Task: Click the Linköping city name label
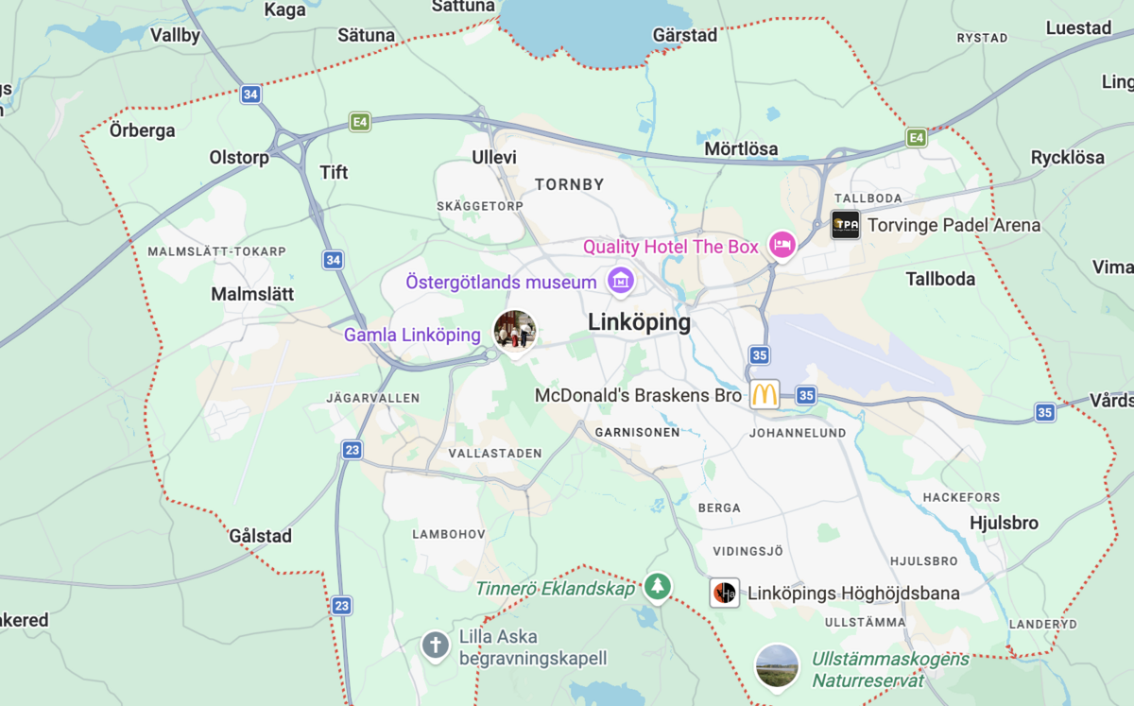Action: click(x=639, y=322)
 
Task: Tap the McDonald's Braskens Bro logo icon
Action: click(x=765, y=395)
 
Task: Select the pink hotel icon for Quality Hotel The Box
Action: click(x=782, y=246)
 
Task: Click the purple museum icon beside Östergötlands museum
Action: click(x=621, y=281)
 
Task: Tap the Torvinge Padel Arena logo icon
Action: click(x=845, y=225)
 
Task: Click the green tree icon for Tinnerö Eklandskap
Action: click(x=658, y=587)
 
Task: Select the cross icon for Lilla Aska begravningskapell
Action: click(x=435, y=646)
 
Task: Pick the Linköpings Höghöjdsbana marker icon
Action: click(x=724, y=593)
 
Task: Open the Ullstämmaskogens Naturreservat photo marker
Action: click(x=777, y=666)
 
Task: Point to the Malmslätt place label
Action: click(x=252, y=294)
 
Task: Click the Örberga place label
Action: click(x=143, y=130)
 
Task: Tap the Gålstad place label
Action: click(x=261, y=536)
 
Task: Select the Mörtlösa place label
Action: click(x=741, y=148)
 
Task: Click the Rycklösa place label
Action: click(x=1067, y=158)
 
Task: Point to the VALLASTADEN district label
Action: click(x=495, y=454)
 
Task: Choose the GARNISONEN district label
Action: click(x=637, y=432)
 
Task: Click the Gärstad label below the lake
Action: click(x=685, y=36)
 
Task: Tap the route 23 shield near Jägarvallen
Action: click(x=352, y=451)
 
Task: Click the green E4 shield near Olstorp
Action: click(x=359, y=121)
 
